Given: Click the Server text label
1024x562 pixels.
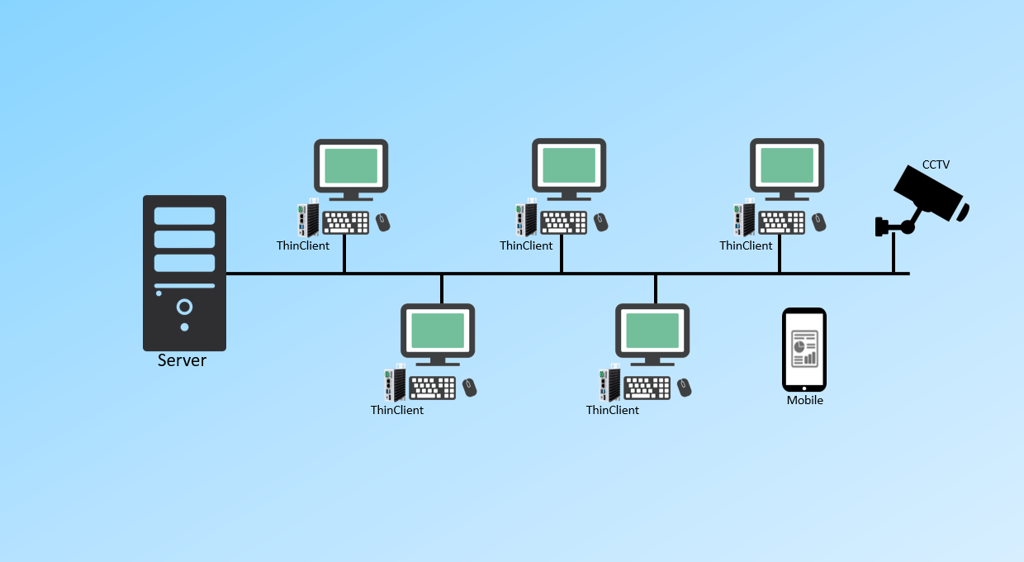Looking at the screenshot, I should click(182, 361).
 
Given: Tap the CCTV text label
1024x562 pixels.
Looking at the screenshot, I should click(936, 165).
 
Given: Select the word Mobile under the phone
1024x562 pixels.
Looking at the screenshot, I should click(804, 401).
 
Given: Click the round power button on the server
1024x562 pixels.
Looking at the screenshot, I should click(184, 307).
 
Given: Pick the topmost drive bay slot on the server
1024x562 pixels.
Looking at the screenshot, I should click(184, 216).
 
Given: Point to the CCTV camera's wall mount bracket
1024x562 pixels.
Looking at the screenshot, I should click(882, 226).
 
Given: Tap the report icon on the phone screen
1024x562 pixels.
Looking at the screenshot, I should click(804, 348).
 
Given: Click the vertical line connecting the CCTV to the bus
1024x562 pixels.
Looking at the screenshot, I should click(893, 255).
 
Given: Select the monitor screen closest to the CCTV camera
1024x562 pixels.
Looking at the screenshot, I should click(787, 165).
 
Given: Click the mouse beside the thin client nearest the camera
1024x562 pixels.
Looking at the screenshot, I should click(818, 221).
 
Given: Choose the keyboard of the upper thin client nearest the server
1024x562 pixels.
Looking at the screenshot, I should click(346, 222).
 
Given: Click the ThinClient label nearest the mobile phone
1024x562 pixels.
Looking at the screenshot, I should click(613, 410).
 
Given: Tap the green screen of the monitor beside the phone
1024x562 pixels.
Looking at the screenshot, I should click(652, 331).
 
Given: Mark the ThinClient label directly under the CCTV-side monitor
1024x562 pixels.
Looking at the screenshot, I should click(746, 245).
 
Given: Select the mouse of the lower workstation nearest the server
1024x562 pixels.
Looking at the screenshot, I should click(469, 387).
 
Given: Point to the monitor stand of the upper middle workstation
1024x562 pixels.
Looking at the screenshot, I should click(569, 195).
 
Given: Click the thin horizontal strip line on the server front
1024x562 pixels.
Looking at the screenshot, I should click(184, 286).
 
